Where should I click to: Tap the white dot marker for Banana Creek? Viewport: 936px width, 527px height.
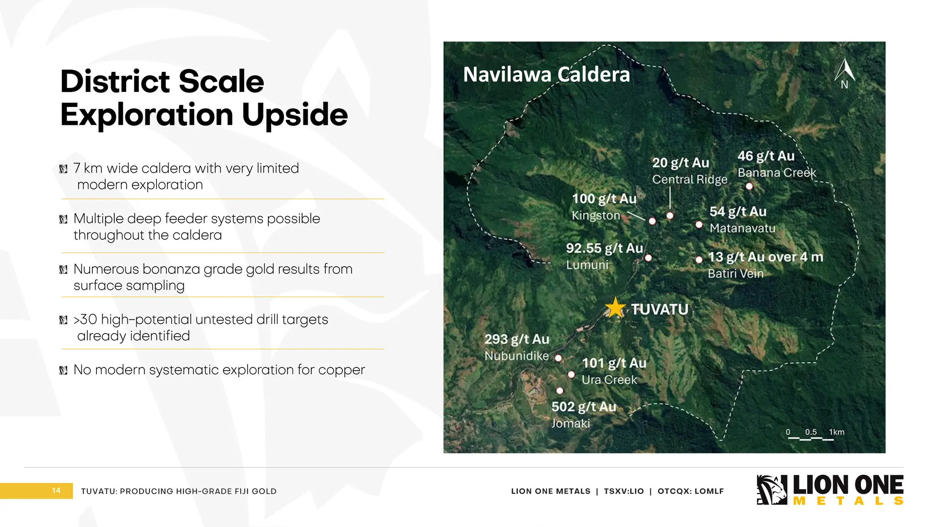coord(749,186)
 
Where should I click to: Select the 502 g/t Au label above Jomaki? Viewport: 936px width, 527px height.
coord(584,407)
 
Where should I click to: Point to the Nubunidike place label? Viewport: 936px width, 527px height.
coord(516,356)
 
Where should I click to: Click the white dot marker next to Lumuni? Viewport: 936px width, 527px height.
coord(648,258)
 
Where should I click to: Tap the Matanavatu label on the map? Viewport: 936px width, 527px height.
coord(742,228)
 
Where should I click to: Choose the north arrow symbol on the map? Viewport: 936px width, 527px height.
coord(844,73)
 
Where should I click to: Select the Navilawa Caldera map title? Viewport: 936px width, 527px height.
coord(546,75)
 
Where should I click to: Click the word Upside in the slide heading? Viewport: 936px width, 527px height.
coord(295,114)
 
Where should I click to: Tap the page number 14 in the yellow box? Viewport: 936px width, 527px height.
coord(56,490)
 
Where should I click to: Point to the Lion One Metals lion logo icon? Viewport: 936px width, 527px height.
coord(771,490)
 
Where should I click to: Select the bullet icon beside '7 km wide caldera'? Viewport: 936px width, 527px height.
coord(64,169)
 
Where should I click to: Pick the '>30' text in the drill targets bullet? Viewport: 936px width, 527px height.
coord(85,319)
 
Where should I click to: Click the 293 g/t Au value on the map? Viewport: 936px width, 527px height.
coord(516,339)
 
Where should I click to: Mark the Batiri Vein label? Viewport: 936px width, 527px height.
coord(735,274)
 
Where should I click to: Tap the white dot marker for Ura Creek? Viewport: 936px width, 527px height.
coord(571,375)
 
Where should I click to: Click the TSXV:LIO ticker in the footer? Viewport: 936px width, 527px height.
coord(624,491)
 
